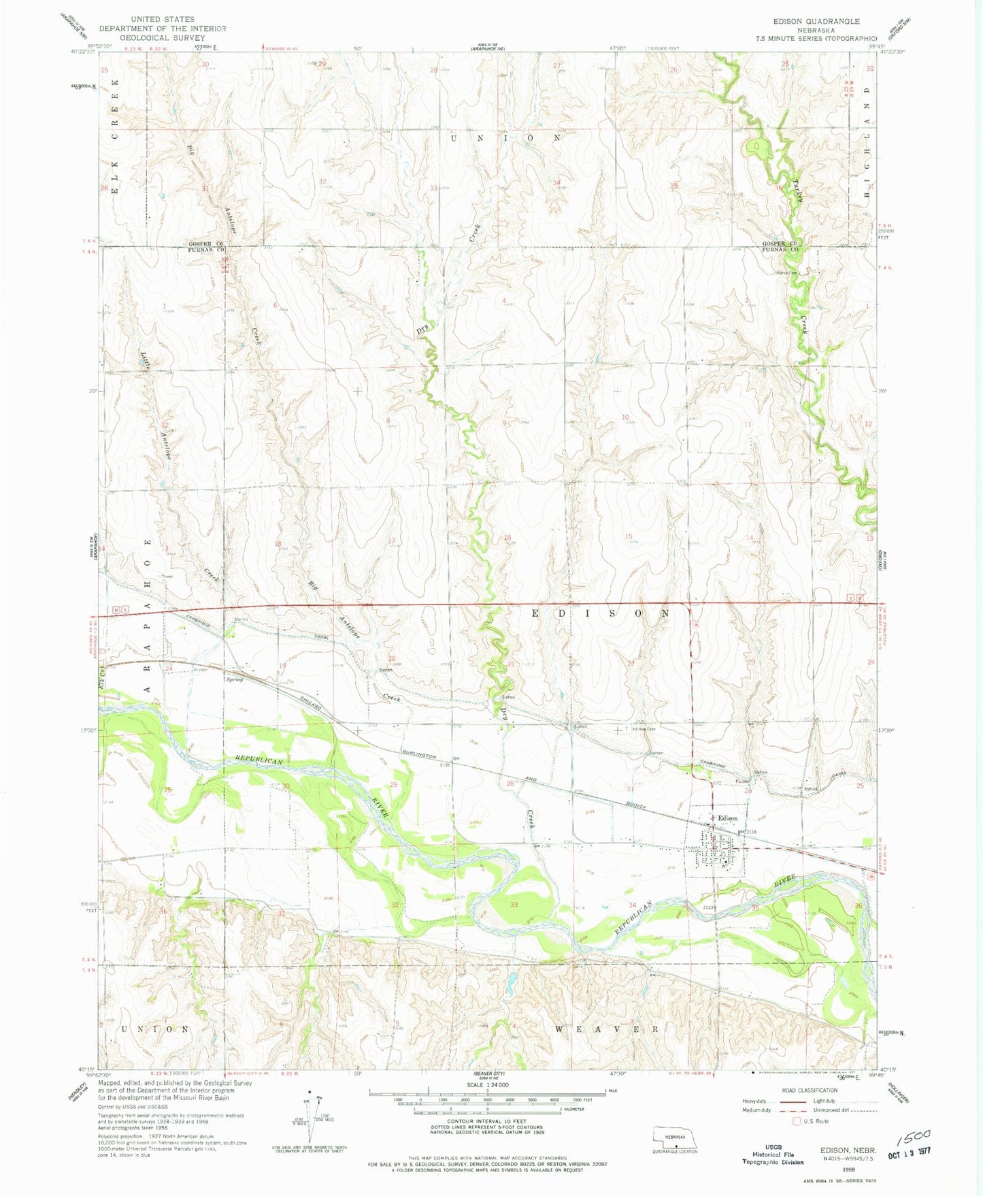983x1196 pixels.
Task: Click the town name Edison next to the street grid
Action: coord(726,818)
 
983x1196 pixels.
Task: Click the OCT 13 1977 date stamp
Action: coord(905,1150)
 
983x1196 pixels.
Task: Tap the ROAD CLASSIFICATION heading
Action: coord(810,1090)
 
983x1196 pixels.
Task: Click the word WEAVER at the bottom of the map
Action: coord(606,1029)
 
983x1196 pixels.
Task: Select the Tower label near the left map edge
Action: coord(166,576)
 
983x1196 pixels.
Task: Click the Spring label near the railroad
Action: coord(233,679)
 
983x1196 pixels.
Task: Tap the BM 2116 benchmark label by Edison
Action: coord(747,832)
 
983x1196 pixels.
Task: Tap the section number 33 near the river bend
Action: coord(514,904)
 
